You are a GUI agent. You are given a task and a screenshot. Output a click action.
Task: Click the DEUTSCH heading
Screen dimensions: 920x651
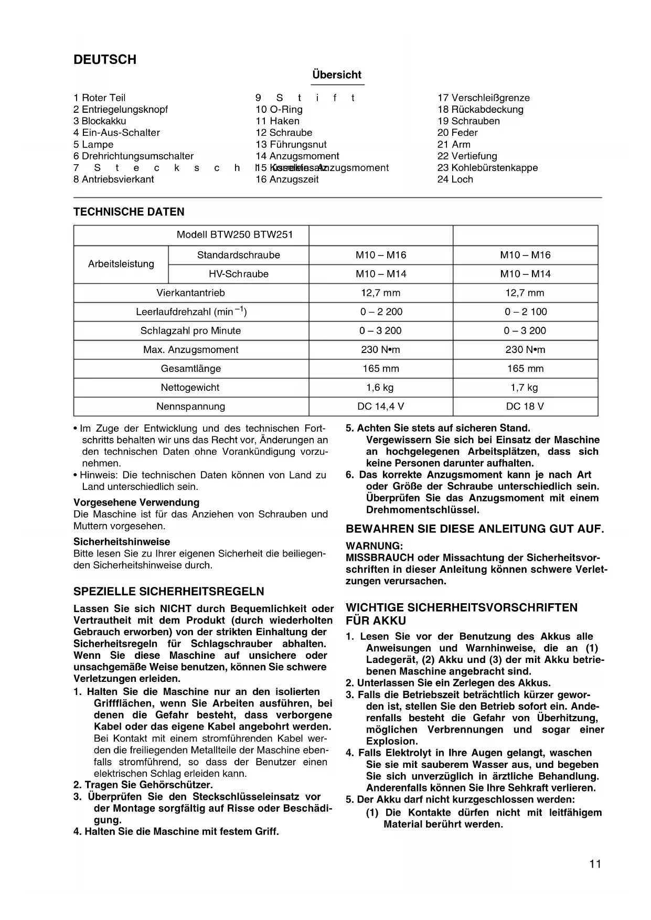(105, 60)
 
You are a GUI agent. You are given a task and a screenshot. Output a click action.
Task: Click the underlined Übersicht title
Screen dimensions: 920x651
(337, 75)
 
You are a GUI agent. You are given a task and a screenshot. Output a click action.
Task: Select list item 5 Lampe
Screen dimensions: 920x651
(93, 144)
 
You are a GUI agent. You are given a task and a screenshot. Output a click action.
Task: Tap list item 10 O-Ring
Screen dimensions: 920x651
(279, 109)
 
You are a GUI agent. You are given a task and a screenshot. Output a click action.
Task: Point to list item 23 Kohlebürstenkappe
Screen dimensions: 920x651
(487, 168)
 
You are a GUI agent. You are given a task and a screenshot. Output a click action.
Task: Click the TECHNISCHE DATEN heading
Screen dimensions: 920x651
(129, 212)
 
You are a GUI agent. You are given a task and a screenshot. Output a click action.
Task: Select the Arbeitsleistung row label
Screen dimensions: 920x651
(121, 264)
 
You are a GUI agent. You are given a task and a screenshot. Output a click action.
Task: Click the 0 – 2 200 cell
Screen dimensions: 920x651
(381, 312)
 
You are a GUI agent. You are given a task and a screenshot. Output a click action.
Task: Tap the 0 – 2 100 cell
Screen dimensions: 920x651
(526, 312)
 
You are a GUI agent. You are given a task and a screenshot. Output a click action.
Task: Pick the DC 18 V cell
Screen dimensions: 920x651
(525, 406)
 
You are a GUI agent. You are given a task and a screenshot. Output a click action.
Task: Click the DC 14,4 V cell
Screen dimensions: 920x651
(381, 406)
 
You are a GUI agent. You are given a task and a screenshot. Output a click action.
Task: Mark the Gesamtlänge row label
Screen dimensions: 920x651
(191, 369)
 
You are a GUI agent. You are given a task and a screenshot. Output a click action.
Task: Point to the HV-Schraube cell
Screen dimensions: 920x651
(239, 274)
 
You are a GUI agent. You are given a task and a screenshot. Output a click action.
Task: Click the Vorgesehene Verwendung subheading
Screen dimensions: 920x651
(136, 502)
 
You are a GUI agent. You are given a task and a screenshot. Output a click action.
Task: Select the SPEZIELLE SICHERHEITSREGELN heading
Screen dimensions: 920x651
(169, 592)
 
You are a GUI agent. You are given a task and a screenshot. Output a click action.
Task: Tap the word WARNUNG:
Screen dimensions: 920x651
(375, 546)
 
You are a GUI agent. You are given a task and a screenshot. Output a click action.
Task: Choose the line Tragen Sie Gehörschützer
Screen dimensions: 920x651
(143, 785)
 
